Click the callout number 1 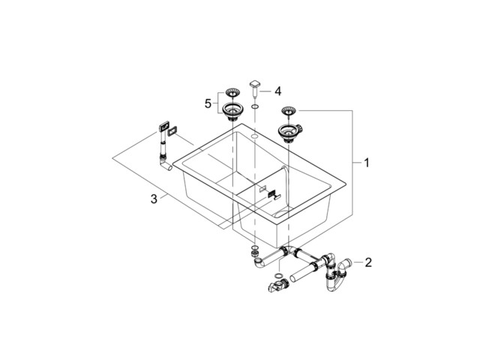click(x=366, y=162)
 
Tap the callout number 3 click(x=153, y=199)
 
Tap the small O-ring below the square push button click(x=255, y=109)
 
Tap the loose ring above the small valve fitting click(x=280, y=277)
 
